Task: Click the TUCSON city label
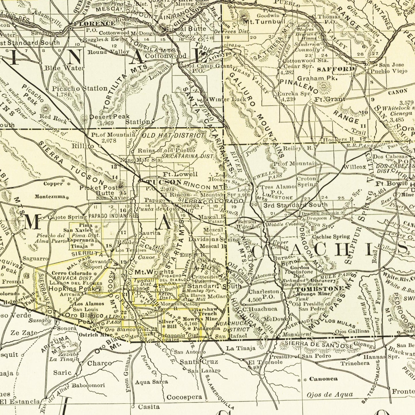point(164,182)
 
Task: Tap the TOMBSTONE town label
point(319,289)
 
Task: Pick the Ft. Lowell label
point(180,174)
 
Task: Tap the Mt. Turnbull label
point(264,22)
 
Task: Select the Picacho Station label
point(80,88)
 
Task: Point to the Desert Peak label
point(109,117)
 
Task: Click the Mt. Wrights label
point(154,272)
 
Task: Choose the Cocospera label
point(184,397)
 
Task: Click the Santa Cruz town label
point(199,362)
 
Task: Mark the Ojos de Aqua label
point(329,395)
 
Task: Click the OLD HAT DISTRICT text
point(173,135)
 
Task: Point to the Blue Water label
point(64,68)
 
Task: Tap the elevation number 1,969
point(107,123)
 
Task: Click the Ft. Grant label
point(330,100)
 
